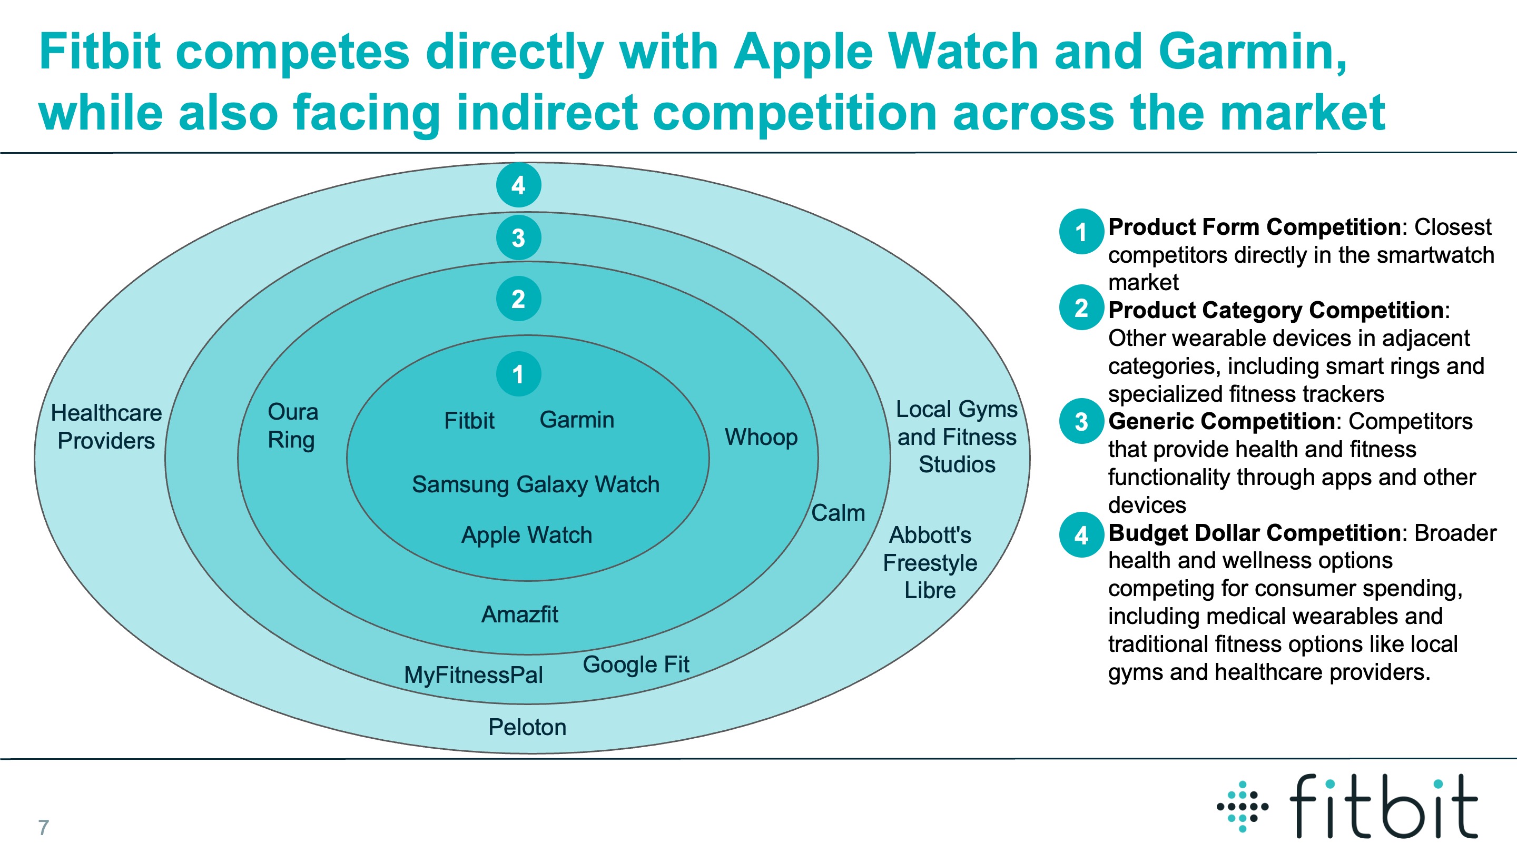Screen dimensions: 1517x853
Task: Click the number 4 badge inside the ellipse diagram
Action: click(518, 185)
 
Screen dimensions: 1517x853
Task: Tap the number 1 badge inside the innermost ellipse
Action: click(518, 374)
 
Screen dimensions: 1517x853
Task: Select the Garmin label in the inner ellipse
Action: click(577, 420)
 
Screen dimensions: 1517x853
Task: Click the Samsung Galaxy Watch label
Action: click(535, 484)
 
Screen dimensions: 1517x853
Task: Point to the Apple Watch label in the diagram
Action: click(527, 535)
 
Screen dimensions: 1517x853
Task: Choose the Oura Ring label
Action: click(292, 425)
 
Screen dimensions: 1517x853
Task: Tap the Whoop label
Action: click(761, 438)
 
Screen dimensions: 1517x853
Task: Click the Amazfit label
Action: click(519, 614)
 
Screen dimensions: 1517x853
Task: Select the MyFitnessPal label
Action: click(473, 675)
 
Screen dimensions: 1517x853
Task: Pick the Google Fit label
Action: click(635, 664)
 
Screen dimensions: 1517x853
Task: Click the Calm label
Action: click(838, 513)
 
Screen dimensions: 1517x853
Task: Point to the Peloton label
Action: click(527, 728)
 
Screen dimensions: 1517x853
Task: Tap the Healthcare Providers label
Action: click(106, 427)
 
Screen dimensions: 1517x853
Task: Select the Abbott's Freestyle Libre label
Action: click(930, 563)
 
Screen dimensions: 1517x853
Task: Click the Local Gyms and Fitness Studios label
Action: click(957, 437)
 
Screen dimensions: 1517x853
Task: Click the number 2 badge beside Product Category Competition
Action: click(1081, 308)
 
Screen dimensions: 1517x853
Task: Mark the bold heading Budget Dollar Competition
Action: click(1254, 533)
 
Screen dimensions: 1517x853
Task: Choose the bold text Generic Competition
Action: click(1221, 421)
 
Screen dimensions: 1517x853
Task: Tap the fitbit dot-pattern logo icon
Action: click(1242, 807)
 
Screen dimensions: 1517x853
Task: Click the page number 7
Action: click(44, 828)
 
